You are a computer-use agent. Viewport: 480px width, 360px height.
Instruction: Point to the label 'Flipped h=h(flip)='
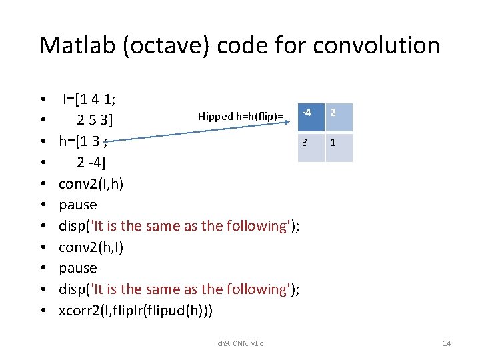(240, 117)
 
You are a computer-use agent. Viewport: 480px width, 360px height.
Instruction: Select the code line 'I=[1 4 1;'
(89, 100)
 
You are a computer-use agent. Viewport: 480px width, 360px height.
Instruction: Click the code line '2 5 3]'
(94, 121)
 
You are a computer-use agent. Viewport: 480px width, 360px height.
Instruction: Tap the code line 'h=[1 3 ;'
(83, 141)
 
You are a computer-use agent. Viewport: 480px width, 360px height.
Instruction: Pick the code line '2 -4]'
(91, 163)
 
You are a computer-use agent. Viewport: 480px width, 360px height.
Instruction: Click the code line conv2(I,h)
(90, 184)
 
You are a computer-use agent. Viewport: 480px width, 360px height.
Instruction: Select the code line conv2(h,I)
(90, 247)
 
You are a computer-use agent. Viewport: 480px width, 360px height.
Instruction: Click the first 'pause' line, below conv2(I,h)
(77, 205)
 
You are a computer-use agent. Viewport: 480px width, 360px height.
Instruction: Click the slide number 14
(447, 343)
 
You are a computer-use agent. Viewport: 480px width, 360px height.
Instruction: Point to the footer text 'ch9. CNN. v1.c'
(240, 343)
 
